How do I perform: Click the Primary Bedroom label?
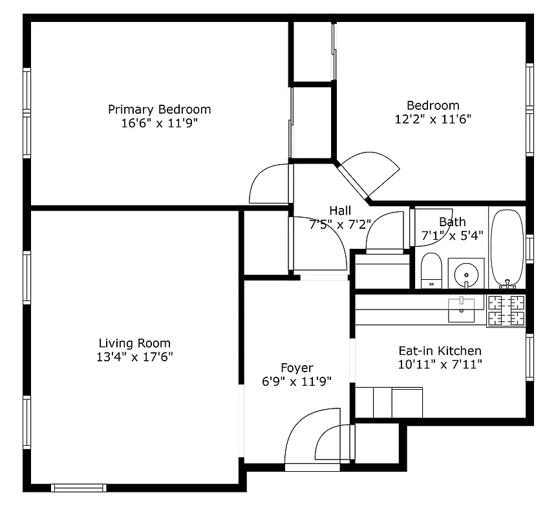click(159, 109)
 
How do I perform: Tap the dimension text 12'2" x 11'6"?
click(433, 119)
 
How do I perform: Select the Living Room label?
click(134, 343)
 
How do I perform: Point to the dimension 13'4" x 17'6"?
click(134, 357)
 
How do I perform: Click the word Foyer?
click(297, 368)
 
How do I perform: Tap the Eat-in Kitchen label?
click(439, 351)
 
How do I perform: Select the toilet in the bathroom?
click(431, 270)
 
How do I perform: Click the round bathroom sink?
click(466, 274)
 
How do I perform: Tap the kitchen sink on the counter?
click(462, 309)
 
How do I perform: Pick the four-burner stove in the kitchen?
click(506, 310)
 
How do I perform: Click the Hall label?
click(340, 211)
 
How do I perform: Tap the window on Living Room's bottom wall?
click(78, 488)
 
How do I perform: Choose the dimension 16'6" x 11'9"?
click(159, 123)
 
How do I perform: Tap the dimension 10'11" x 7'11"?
click(439, 364)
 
